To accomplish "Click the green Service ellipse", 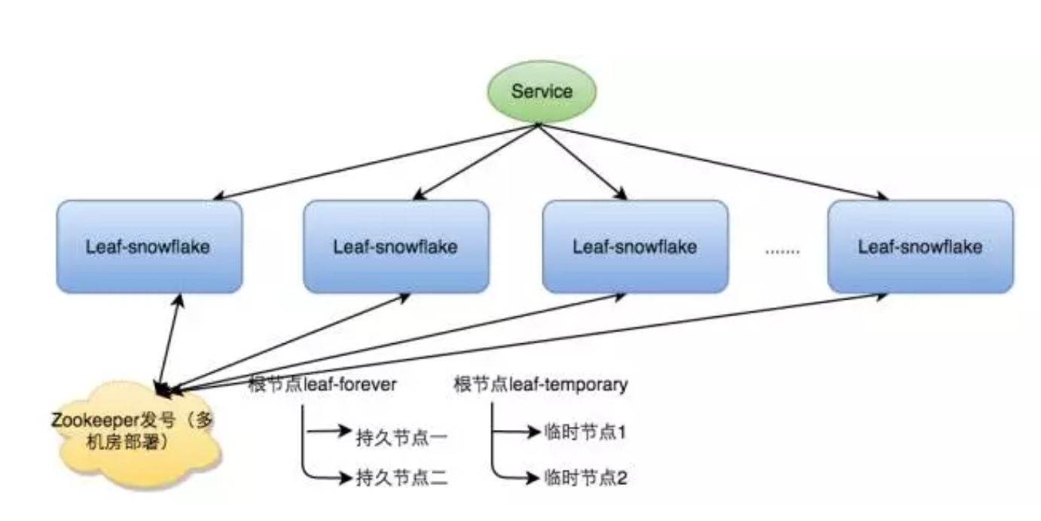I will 542,92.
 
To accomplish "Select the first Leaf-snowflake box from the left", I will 149,246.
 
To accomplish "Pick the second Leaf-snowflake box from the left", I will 395,246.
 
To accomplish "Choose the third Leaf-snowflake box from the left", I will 635,246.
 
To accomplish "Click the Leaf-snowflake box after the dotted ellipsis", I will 920,246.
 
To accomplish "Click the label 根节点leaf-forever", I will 323,385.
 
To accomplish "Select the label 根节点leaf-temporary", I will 541,385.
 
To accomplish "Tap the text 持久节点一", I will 402,437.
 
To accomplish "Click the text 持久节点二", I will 402,477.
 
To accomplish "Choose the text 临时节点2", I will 585,477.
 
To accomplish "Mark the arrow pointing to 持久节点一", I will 328,433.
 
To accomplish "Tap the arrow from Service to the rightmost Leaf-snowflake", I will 713,162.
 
